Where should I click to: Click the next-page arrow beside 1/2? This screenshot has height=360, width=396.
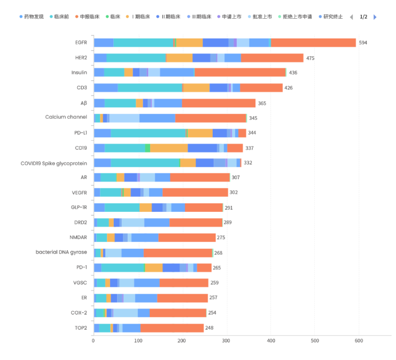coord(375,17)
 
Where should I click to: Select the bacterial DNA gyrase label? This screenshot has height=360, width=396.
coord(61,252)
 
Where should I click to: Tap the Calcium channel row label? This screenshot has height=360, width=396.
coord(66,118)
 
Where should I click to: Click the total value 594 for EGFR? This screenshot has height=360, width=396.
coord(363,43)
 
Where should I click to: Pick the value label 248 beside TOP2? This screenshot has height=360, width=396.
coord(209,328)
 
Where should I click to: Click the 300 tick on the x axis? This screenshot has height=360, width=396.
coord(226,341)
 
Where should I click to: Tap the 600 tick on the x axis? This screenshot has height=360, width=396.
coord(359,341)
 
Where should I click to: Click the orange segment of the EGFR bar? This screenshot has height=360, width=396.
coord(313,43)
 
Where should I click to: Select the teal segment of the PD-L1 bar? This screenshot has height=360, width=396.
coord(148,133)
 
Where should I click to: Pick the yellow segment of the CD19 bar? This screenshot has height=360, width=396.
coord(169,148)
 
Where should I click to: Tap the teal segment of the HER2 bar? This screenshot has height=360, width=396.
coord(136,58)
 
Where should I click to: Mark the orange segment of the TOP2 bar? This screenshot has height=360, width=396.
coord(172,328)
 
